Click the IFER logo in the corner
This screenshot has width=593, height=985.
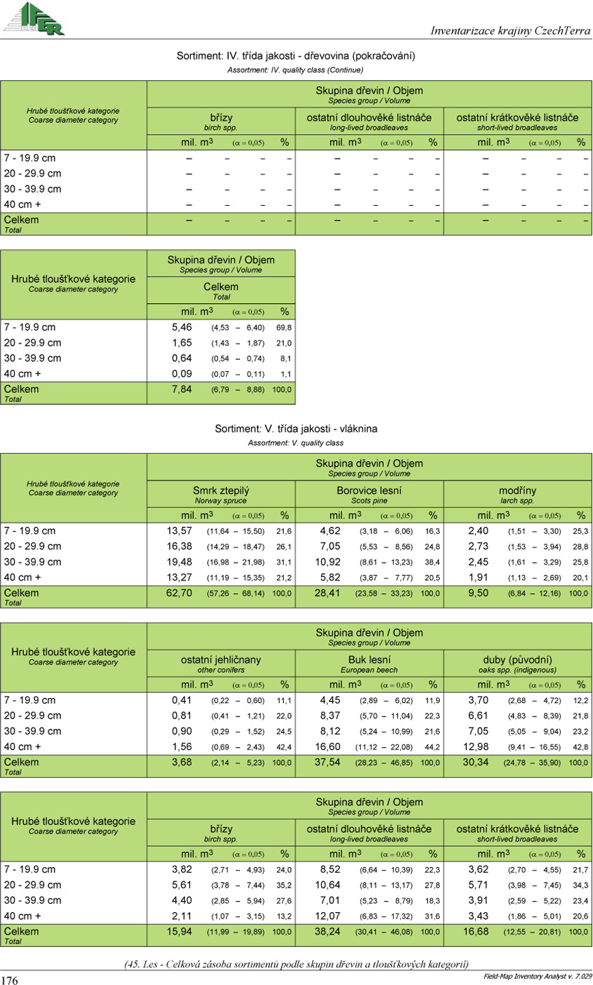33,18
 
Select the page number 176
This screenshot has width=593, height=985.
10,980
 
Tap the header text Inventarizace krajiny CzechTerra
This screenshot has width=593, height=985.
511,31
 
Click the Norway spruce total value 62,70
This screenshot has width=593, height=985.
179,593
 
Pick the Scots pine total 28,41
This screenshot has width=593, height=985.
327,593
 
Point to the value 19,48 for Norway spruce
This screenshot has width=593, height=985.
179,562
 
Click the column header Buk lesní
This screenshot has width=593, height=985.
369,659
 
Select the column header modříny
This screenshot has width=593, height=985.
517,490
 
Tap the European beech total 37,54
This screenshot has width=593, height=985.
327,762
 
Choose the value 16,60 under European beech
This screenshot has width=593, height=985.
327,747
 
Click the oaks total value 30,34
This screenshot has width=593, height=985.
476,762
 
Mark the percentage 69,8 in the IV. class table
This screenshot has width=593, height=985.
284,328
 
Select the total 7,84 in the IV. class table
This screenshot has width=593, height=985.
182,390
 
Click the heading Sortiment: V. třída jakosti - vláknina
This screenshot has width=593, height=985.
296,428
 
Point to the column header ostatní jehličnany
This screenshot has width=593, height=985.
221,659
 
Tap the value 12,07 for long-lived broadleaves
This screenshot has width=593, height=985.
327,916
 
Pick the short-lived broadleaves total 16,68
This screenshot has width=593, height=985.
476,931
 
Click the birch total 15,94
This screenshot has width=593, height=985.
179,931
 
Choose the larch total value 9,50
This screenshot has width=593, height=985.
478,593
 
